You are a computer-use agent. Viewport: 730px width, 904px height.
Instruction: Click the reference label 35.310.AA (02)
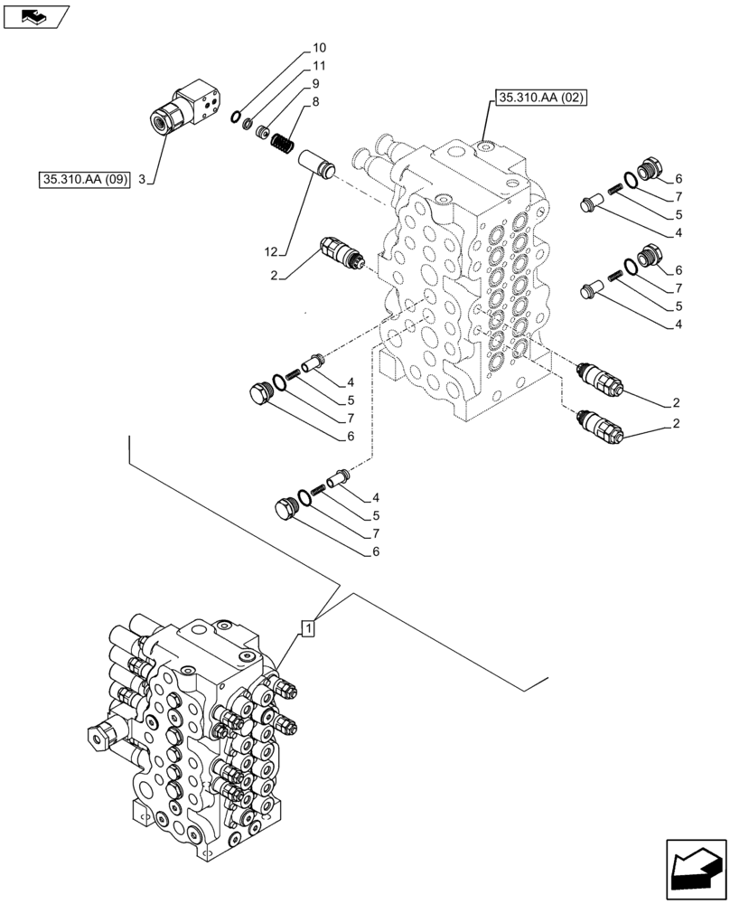click(x=539, y=98)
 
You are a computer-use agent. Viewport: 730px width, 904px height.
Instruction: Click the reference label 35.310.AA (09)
click(x=86, y=179)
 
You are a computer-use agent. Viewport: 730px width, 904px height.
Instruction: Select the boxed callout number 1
click(x=308, y=627)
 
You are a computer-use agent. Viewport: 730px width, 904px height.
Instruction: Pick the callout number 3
click(x=141, y=179)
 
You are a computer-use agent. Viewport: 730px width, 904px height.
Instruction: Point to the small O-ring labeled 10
click(x=236, y=115)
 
